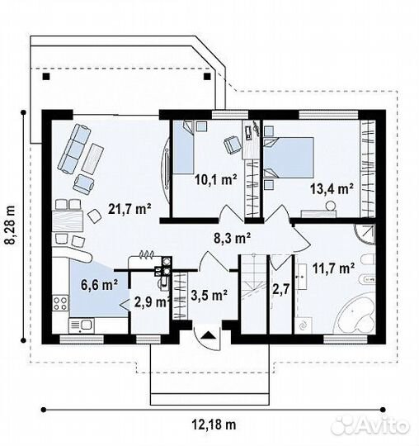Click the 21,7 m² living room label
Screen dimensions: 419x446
[129, 209]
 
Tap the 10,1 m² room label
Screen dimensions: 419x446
[215, 179]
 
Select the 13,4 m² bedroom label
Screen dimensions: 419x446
[332, 189]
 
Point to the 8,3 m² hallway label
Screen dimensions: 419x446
[232, 238]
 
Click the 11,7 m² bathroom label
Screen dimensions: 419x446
[333, 268]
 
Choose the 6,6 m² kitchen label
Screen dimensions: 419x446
[100, 285]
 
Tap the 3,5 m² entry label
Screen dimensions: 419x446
[209, 295]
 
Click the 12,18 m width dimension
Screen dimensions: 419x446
[214, 425]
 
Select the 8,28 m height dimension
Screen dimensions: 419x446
[11, 225]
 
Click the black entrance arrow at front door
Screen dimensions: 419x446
[208, 334]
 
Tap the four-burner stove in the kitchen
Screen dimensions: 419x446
[60, 303]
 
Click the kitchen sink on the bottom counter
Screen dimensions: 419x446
[82, 325]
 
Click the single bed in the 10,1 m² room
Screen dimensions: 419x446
[184, 147]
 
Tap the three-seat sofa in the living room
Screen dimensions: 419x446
[75, 149]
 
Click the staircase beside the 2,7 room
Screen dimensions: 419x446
[253, 294]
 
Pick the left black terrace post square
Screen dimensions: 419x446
[46, 77]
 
